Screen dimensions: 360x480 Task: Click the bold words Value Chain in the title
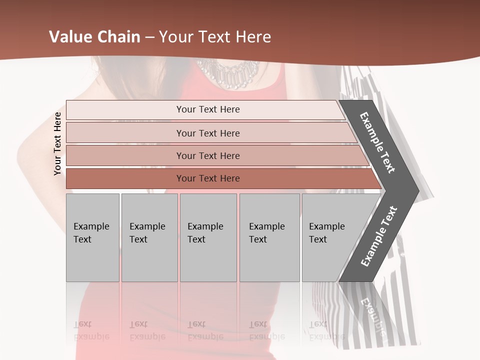click(94, 37)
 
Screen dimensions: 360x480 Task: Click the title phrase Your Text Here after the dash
click(215, 37)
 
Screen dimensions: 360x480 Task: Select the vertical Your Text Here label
click(58, 143)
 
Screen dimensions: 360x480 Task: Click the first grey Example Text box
click(92, 237)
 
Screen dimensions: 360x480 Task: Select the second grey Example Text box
click(149, 237)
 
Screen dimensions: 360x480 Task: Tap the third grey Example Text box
click(208, 237)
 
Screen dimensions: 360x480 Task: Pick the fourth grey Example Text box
click(269, 237)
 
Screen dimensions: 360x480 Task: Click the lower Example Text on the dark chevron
click(378, 236)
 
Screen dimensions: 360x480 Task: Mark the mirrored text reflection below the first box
click(91, 330)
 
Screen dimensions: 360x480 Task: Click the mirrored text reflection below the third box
click(205, 330)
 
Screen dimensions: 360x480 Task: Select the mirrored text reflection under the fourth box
click(266, 330)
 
